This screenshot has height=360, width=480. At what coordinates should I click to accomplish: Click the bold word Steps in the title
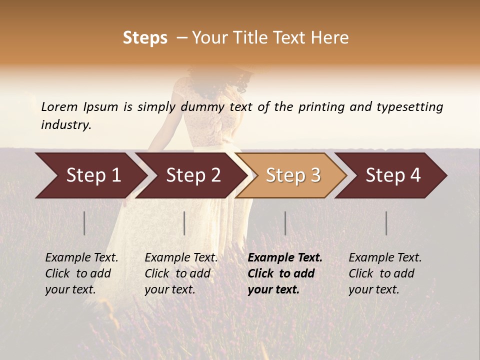tap(145, 37)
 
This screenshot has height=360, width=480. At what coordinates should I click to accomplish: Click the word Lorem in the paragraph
tap(59, 106)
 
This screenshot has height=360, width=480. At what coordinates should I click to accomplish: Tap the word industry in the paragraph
tap(66, 124)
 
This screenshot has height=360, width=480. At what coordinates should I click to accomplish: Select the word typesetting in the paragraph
tap(409, 106)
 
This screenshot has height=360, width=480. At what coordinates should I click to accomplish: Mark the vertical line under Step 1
tap(84, 223)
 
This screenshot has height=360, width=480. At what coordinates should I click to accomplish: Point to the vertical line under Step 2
tap(184, 223)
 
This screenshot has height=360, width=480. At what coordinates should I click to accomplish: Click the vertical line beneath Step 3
tap(285, 223)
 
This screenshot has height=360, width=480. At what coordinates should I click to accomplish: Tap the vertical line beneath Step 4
tap(386, 223)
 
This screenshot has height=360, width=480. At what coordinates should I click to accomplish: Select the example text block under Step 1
tap(81, 273)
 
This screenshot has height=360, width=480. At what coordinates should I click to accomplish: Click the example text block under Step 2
tap(181, 273)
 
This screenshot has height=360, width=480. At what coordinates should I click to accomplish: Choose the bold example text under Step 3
tap(285, 273)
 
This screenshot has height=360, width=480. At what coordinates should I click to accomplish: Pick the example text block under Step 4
tap(385, 273)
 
